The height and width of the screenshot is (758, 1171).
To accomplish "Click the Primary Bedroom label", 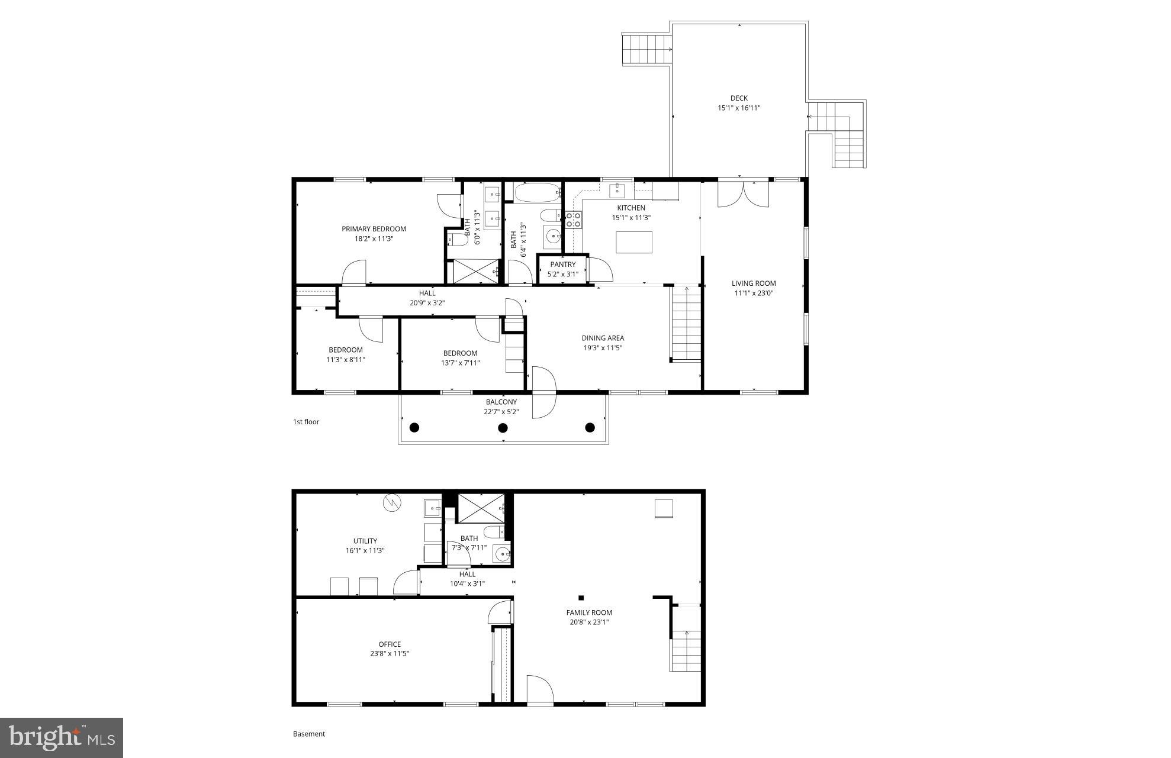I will pyautogui.click(x=374, y=229).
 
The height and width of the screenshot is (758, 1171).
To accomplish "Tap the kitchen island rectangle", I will pyautogui.click(x=634, y=243).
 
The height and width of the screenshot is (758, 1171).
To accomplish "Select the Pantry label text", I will pyautogui.click(x=562, y=265).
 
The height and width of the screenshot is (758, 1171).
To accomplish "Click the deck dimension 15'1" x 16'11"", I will pyautogui.click(x=738, y=108).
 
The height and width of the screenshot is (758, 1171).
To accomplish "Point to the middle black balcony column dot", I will pyautogui.click(x=503, y=428).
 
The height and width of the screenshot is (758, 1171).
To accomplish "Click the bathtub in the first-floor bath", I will pyautogui.click(x=537, y=192).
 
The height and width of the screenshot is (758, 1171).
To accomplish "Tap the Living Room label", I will pyautogui.click(x=753, y=283).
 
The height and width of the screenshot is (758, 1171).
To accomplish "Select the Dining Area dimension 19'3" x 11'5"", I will pyautogui.click(x=602, y=348).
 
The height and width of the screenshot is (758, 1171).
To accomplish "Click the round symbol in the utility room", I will pyautogui.click(x=392, y=503).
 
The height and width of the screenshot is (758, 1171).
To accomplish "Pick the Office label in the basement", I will pyautogui.click(x=390, y=644).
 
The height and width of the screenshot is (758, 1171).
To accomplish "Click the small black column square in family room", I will pyautogui.click(x=581, y=598).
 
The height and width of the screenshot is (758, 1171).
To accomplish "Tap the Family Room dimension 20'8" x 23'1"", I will pyautogui.click(x=588, y=622).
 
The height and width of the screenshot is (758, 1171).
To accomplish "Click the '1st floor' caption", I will pyautogui.click(x=306, y=422).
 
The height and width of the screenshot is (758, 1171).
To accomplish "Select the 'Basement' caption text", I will pyautogui.click(x=309, y=734).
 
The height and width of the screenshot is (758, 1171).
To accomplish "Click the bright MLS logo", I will pyautogui.click(x=62, y=737).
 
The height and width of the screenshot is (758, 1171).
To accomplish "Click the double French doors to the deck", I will pyautogui.click(x=743, y=195).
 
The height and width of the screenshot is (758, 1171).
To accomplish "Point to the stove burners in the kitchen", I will pyautogui.click(x=573, y=220).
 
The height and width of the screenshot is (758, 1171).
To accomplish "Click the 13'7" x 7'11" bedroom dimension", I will pyautogui.click(x=460, y=363).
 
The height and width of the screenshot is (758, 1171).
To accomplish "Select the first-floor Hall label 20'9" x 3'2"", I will pyautogui.click(x=427, y=303).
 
